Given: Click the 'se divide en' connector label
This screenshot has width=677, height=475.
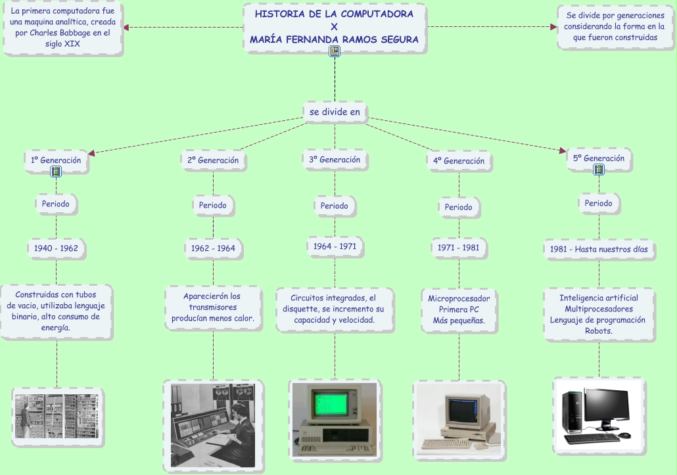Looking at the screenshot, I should pyautogui.click(x=335, y=112).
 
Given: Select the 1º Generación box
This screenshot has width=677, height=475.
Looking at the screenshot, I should pyautogui.click(x=56, y=160).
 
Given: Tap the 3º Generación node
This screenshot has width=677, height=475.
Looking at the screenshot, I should pyautogui.click(x=335, y=160).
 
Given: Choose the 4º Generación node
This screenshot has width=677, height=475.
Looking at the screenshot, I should pyautogui.click(x=459, y=161).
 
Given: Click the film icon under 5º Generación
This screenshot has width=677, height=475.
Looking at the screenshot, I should pyautogui.click(x=599, y=170).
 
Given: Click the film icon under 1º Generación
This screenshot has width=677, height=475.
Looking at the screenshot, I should pyautogui.click(x=56, y=171).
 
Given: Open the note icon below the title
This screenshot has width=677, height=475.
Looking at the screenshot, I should pyautogui.click(x=335, y=51).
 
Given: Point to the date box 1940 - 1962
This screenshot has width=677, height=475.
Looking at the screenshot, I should pyautogui.click(x=56, y=248).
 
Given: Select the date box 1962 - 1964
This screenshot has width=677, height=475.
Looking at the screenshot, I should pyautogui.click(x=213, y=248).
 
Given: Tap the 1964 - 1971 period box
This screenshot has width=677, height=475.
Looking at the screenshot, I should pyautogui.click(x=335, y=246).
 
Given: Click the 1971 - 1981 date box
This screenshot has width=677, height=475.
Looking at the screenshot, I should pyautogui.click(x=459, y=248).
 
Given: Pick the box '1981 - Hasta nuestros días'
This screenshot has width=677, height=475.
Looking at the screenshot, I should pyautogui.click(x=599, y=249).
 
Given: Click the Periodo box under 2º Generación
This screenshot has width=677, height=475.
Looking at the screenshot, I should pyautogui.click(x=213, y=205).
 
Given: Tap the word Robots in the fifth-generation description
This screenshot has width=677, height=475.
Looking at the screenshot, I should pyautogui.click(x=599, y=331).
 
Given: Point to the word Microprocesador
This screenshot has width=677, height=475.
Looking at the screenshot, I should pyautogui.click(x=459, y=298).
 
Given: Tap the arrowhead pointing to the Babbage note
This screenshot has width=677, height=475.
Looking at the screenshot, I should pyautogui.click(x=126, y=27).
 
